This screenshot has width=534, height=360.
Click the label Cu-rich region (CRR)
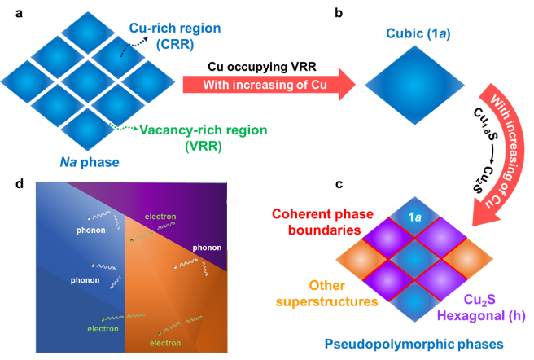tap(175, 35)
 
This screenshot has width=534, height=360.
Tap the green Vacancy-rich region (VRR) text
tap(204, 130)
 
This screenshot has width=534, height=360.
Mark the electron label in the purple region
tap(160, 217)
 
